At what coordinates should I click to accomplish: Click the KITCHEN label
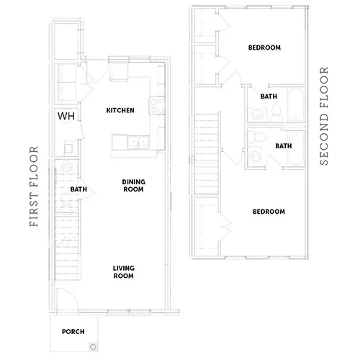pyautogui.click(x=120, y=110)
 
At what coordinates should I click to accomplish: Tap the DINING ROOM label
pyautogui.click(x=133, y=186)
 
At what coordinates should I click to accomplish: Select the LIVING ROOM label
pyautogui.click(x=124, y=272)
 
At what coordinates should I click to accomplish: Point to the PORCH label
pyautogui.click(x=73, y=332)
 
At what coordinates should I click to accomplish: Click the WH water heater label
pyautogui.click(x=66, y=116)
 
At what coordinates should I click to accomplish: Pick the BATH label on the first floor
pyautogui.click(x=78, y=189)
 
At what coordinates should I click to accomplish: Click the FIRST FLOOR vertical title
pyautogui.click(x=34, y=186)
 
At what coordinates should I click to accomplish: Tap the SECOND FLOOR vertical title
pyautogui.click(x=324, y=116)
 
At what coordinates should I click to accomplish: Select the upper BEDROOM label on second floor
pyautogui.click(x=264, y=48)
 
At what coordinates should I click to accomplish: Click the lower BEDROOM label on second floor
pyautogui.click(x=269, y=212)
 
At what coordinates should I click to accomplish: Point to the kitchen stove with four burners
pyautogui.click(x=158, y=105)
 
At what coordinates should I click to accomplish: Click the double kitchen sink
pyautogui.click(x=138, y=142)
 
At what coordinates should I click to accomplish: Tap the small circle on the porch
pyautogui.click(x=93, y=346)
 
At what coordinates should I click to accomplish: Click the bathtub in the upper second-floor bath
pyautogui.click(x=296, y=104)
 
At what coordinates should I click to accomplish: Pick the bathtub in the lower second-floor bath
pyautogui.click(x=296, y=148)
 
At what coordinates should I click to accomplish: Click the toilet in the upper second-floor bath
pyautogui.click(x=276, y=113)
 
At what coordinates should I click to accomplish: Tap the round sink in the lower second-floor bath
pyautogui.click(x=255, y=157)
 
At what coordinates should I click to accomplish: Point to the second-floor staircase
pyautogui.click(x=207, y=154)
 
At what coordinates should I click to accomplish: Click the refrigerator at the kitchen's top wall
pyautogui.click(x=119, y=72)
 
